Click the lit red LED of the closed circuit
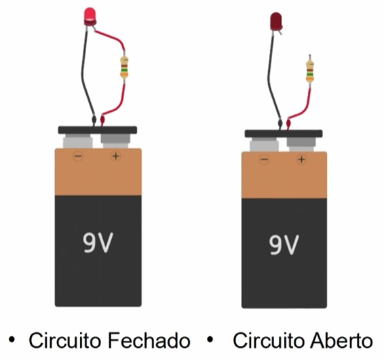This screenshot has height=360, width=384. click(90, 16)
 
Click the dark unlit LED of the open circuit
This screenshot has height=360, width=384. click(276, 22)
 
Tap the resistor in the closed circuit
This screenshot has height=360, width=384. click(124, 67)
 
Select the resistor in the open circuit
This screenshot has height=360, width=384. click(310, 71)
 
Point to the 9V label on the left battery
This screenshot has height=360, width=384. click(98, 243)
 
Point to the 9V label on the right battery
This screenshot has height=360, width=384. click(284, 245)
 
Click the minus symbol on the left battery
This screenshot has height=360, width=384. click(79, 156)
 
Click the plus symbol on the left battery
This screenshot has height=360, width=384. click(116, 156)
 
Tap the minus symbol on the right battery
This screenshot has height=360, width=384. click(265, 159)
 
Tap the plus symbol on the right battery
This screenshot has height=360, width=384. click(301, 159)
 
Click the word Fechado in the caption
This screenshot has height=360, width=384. click(149, 340)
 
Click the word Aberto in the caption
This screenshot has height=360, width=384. click(342, 340)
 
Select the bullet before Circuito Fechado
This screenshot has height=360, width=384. click(12, 340)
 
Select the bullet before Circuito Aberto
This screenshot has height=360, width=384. click(210, 340)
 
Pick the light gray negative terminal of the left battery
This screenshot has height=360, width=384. click(78, 142)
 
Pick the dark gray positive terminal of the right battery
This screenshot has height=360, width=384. click(301, 144)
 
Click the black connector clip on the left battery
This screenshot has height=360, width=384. click(98, 130)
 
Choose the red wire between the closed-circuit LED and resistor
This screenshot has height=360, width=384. click(113, 36)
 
